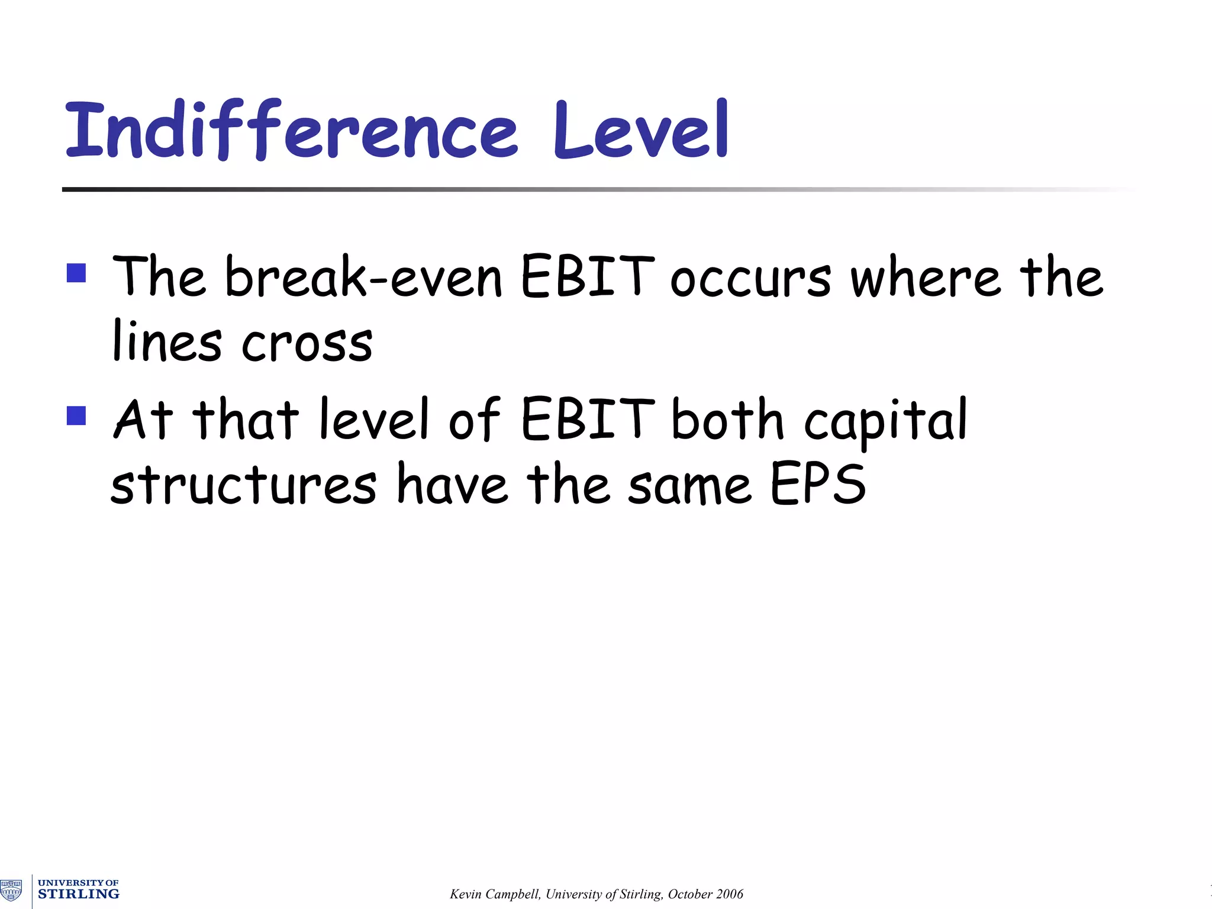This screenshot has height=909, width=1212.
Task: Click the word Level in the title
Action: (640, 130)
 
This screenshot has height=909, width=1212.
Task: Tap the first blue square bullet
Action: (76, 273)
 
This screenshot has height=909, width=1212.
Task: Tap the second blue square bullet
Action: (76, 415)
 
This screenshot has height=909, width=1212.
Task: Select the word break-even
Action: (363, 277)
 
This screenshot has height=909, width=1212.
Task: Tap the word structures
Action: (243, 485)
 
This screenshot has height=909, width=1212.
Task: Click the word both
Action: (728, 419)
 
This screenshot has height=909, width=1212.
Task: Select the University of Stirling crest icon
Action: (11, 889)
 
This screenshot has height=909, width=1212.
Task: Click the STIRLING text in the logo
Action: (78, 894)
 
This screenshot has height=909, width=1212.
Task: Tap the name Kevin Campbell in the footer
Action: (494, 894)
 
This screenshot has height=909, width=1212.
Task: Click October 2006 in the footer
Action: (705, 894)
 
